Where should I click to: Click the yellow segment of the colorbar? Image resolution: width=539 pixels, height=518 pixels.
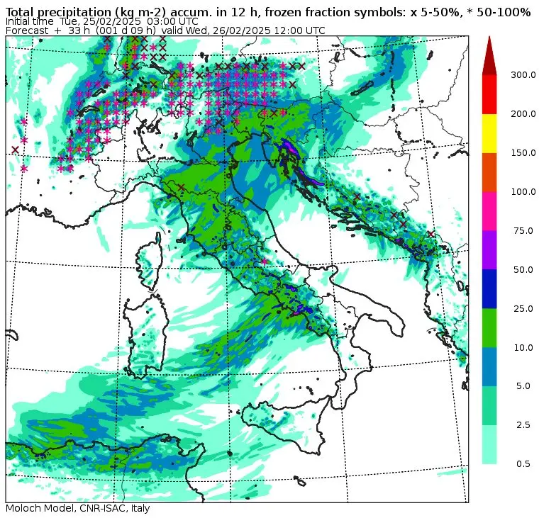click(489, 133)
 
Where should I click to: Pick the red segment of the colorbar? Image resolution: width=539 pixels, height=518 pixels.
click(489, 94)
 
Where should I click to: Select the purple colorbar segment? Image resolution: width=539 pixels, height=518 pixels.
click(489, 249)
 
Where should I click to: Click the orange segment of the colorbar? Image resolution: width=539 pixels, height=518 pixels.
click(489, 172)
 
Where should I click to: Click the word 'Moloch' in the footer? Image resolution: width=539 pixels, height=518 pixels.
click(23, 509)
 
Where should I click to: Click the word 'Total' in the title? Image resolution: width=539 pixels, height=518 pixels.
click(21, 12)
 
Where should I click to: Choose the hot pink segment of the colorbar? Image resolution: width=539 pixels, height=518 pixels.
click(489, 210)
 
